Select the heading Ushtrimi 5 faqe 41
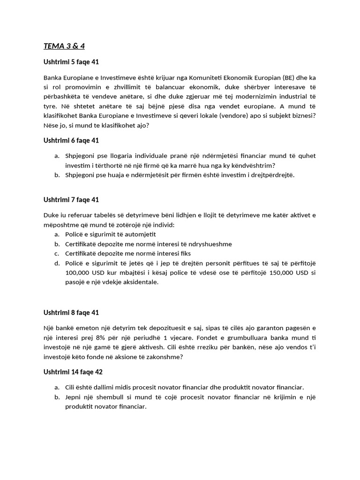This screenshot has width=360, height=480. [x=71, y=62]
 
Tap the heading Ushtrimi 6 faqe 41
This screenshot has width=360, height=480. [x=71, y=140]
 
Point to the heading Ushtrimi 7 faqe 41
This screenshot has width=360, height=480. [x=71, y=200]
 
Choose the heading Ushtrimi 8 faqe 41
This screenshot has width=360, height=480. [x=71, y=312]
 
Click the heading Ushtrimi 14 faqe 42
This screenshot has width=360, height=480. [x=73, y=372]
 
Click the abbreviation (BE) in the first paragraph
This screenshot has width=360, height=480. [x=291, y=77]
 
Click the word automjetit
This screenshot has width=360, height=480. [x=139, y=234]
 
